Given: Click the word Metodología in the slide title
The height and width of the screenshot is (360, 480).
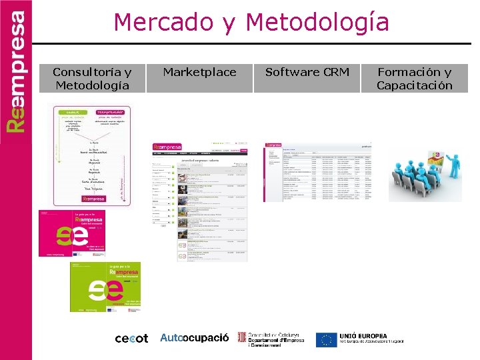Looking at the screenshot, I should (x=317, y=23).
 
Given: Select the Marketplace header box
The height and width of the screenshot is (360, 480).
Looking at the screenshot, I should (x=199, y=72).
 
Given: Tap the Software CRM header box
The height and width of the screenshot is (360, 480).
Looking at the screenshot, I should (x=307, y=72).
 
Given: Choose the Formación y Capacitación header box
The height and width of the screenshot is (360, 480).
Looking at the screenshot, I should (x=414, y=79).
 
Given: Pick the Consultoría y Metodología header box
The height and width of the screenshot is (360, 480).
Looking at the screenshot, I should (x=93, y=79).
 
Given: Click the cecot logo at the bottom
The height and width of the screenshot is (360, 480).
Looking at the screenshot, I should (x=131, y=339).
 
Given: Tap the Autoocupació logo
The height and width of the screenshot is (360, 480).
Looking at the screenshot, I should (x=194, y=338).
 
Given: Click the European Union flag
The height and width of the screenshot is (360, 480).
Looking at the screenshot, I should (x=326, y=339).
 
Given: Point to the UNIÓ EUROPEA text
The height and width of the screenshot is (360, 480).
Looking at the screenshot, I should (x=363, y=336).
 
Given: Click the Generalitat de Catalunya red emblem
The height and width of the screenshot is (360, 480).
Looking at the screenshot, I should (x=242, y=338).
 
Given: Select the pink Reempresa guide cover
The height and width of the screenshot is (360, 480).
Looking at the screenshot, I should (x=81, y=234).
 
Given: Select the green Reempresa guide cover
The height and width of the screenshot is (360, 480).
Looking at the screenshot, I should (x=105, y=287).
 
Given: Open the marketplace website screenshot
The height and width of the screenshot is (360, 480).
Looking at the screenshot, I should (x=199, y=200).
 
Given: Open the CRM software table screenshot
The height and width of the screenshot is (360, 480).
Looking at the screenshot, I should (x=317, y=171).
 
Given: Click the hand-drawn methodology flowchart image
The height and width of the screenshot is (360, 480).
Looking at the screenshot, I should (x=92, y=155).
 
